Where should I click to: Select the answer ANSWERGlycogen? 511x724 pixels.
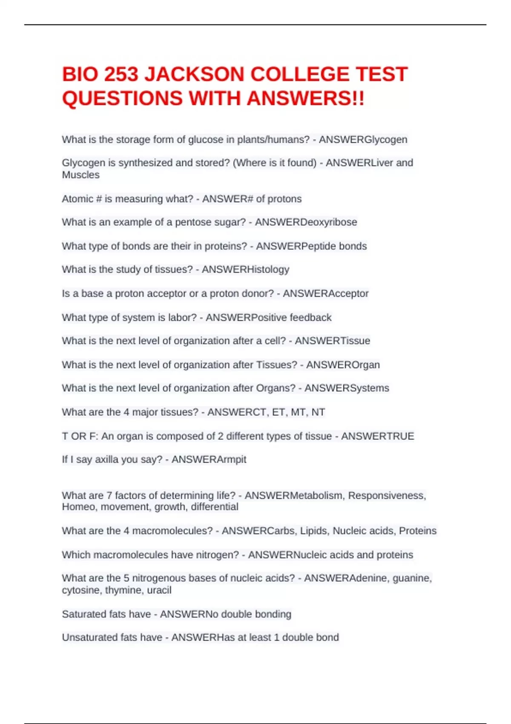[363, 140]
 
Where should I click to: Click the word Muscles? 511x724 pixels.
[80, 175]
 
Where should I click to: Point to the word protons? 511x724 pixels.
[284, 199]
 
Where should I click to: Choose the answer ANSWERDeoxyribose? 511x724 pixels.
[306, 222]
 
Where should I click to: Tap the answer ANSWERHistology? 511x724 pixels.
[245, 270]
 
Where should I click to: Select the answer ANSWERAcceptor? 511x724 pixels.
[325, 293]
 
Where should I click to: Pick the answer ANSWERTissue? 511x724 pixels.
[332, 341]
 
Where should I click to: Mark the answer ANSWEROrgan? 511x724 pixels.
[343, 365]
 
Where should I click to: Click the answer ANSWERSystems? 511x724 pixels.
[347, 388]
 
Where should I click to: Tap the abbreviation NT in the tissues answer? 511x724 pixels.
[318, 412]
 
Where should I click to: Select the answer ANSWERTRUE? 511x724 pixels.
[377, 436]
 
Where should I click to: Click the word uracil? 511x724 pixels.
[159, 590]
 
